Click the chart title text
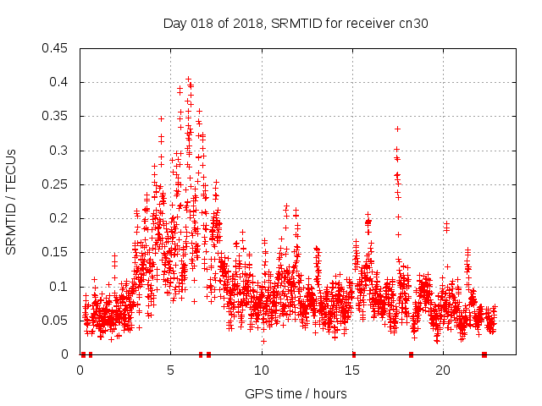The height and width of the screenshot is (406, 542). [296, 24]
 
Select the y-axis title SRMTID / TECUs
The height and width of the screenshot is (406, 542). [11, 202]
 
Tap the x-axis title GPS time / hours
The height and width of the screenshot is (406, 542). [296, 393]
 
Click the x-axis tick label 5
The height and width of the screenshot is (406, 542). [171, 370]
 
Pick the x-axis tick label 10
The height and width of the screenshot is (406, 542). [262, 370]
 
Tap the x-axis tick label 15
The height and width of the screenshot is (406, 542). [352, 370]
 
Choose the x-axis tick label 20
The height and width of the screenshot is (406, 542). [443, 370]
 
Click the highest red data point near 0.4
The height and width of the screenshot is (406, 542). [188, 80]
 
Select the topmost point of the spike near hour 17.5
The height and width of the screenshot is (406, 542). [397, 129]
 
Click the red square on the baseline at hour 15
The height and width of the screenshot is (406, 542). [353, 354]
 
